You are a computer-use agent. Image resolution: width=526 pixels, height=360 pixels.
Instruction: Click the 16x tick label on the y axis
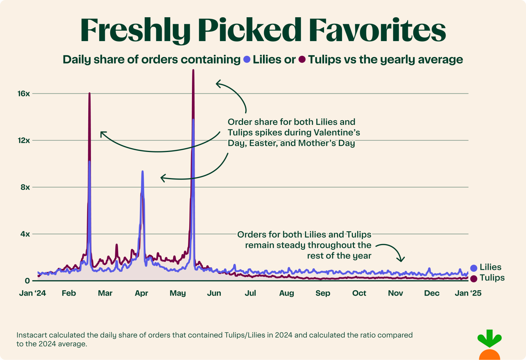tap(24, 94)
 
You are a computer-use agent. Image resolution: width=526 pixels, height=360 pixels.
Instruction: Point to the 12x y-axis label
tap(24, 141)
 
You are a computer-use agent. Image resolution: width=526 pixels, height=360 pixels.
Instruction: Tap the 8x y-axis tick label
tap(25, 187)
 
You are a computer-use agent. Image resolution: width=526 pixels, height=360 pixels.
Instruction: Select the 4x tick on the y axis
tap(25, 234)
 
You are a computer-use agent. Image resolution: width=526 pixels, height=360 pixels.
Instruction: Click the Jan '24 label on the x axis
tap(32, 293)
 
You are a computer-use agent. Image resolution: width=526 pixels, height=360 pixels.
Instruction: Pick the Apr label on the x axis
tap(141, 293)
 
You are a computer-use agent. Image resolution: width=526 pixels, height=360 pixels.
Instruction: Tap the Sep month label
tap(323, 293)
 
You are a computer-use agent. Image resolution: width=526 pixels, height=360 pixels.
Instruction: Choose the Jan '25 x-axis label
tap(468, 293)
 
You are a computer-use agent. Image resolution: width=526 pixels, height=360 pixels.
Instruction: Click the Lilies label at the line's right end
tap(490, 267)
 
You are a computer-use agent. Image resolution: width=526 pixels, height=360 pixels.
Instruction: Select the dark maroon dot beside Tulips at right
tap(474, 279)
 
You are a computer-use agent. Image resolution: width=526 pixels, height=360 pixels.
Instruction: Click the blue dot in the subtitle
tap(247, 60)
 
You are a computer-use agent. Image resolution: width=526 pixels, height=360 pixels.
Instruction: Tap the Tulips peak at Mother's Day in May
tap(193, 71)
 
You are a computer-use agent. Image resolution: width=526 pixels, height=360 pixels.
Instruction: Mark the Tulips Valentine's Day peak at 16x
tap(89, 93)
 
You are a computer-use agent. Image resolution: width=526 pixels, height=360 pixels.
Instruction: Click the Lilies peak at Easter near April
tap(142, 172)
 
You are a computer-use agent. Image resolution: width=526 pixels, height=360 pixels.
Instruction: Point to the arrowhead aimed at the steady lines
tap(401, 260)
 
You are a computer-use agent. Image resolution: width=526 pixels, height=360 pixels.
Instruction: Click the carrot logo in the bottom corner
tap(489, 345)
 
